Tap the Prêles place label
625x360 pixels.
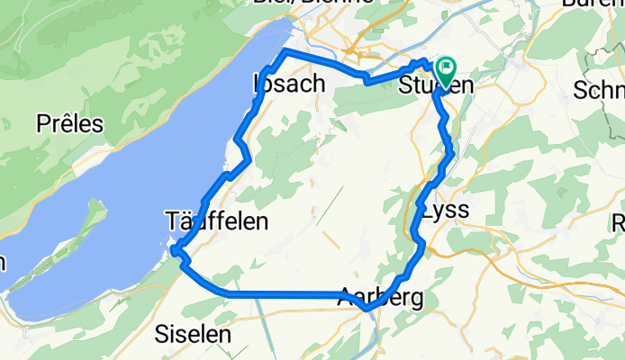point(69,124)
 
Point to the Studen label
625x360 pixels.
point(435,86)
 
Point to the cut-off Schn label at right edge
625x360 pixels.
point(599,91)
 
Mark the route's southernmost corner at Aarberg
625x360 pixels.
point(366,310)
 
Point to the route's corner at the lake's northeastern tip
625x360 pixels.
point(286,53)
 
